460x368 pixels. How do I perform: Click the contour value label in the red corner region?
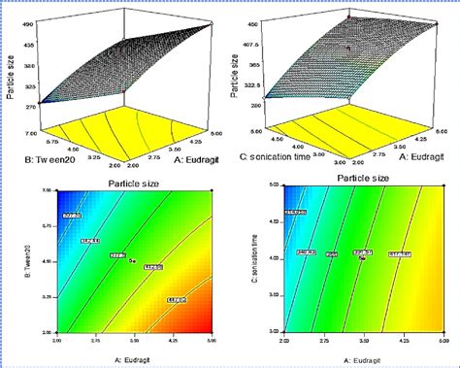pos(177,300)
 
